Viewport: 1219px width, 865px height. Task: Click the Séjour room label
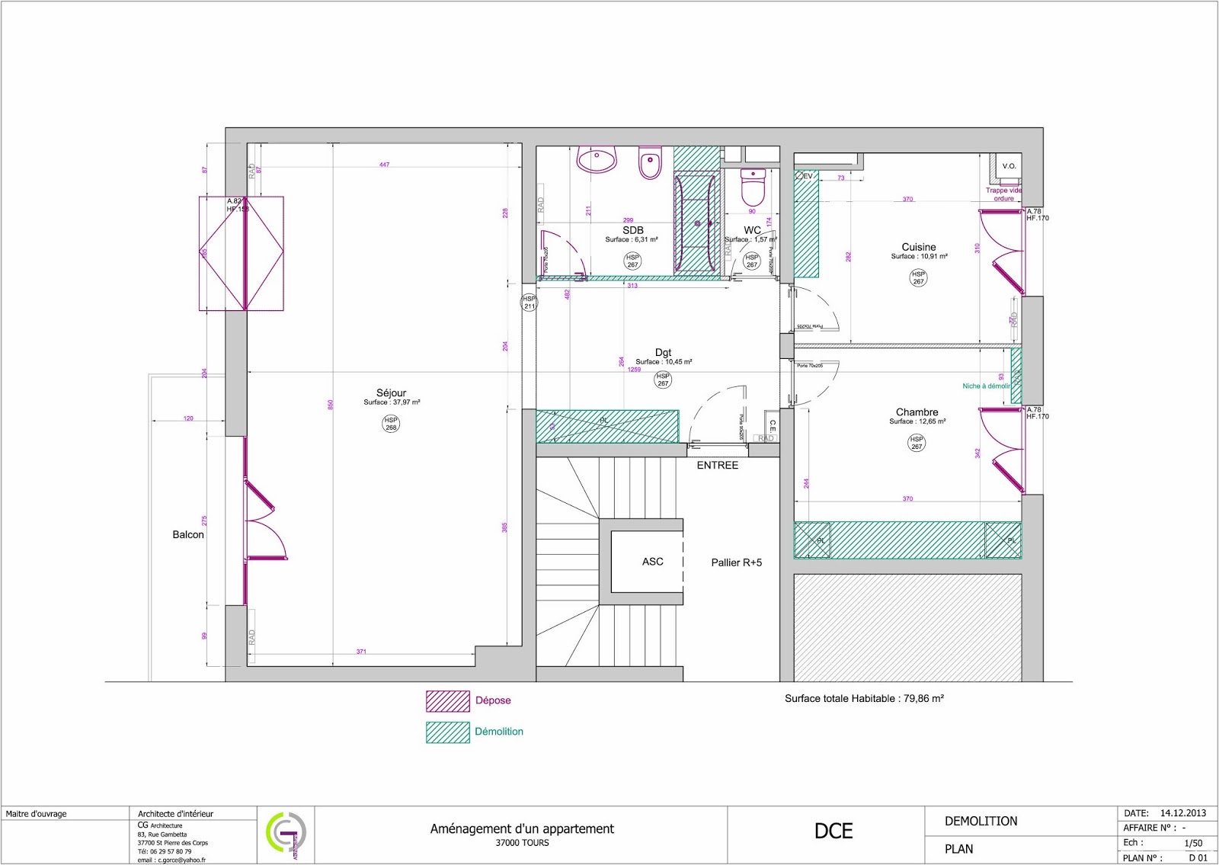pyautogui.click(x=391, y=393)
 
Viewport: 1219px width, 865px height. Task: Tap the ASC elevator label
pyautogui.click(x=652, y=562)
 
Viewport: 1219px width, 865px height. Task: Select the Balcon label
pyautogui.click(x=188, y=534)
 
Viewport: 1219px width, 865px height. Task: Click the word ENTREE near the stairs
pyautogui.click(x=717, y=465)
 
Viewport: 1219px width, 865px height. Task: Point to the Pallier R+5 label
pyautogui.click(x=736, y=562)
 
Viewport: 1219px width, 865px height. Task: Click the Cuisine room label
pyautogui.click(x=919, y=247)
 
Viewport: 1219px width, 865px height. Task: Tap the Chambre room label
pyautogui.click(x=917, y=412)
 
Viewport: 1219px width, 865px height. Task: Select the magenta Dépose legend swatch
pyautogui.click(x=447, y=701)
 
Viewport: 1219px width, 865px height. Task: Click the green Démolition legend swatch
pyautogui.click(x=447, y=732)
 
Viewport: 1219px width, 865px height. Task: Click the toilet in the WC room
pyautogui.click(x=753, y=187)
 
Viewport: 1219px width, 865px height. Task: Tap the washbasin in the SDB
pyautogui.click(x=596, y=161)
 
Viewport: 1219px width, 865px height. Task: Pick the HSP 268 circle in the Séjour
pyautogui.click(x=391, y=424)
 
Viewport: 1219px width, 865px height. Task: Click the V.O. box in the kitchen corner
pyautogui.click(x=1009, y=166)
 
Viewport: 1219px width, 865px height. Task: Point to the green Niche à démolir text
pyautogui.click(x=986, y=386)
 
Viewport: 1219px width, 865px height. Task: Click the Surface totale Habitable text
pyautogui.click(x=864, y=698)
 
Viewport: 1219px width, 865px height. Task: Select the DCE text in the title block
pyautogui.click(x=833, y=831)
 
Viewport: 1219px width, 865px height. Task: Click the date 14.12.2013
pyautogui.click(x=1183, y=813)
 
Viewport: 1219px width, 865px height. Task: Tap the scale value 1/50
pyautogui.click(x=1193, y=843)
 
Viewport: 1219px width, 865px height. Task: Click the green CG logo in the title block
pyautogui.click(x=285, y=835)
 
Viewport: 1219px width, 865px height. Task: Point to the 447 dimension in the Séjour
pyautogui.click(x=384, y=165)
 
